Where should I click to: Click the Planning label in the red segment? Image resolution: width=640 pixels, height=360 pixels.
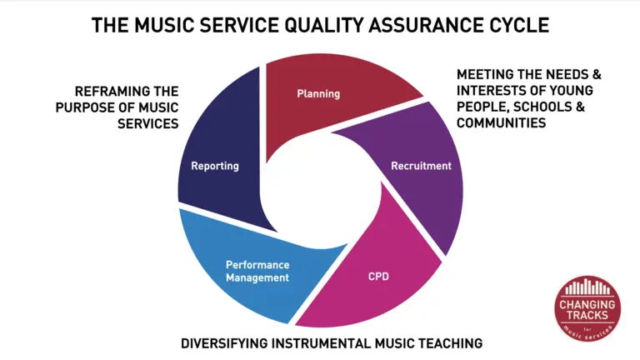[x=318, y=94]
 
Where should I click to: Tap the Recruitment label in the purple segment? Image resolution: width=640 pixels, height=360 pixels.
[x=421, y=166]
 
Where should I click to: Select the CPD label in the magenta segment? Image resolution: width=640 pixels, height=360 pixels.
[x=378, y=277]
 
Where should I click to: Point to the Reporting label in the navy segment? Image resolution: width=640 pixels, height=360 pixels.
[x=215, y=166]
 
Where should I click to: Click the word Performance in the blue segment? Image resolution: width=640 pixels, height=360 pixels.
[x=257, y=265]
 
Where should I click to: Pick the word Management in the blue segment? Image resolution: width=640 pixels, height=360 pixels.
[x=257, y=277]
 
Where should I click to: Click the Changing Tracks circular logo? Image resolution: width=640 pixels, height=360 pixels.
[x=587, y=308]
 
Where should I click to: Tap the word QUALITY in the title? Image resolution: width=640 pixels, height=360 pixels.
[x=323, y=25]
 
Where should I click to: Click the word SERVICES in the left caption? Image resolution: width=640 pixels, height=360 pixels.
[x=148, y=123]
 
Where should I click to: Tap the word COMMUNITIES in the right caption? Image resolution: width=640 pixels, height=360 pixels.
[x=501, y=122]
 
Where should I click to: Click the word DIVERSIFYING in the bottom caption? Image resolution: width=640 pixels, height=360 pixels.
[x=224, y=343]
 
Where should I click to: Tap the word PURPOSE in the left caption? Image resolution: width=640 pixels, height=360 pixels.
[x=83, y=107]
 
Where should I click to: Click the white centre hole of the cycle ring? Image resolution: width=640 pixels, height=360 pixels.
[x=320, y=192]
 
